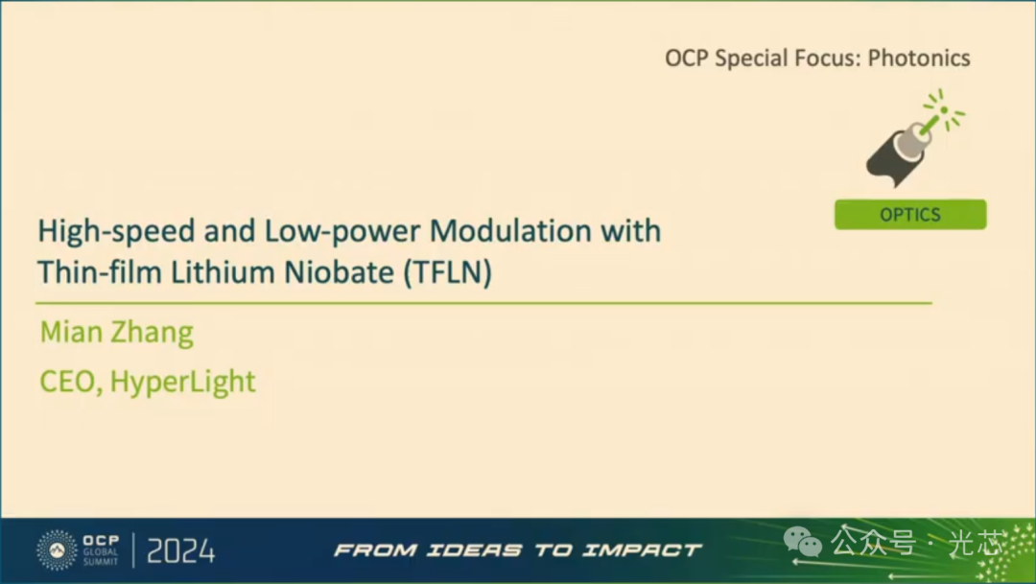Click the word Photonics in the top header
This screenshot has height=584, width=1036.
[x=918, y=58]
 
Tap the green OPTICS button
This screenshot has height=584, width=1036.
[x=910, y=215]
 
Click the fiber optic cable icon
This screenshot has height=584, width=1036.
[x=915, y=139]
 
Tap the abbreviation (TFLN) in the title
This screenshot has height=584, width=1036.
[x=448, y=272]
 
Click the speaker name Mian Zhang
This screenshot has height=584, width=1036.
[x=116, y=332]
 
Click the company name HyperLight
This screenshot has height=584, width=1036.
[x=182, y=382]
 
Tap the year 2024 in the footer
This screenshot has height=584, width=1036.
[x=181, y=551]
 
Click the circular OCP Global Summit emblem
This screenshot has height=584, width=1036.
[x=57, y=549]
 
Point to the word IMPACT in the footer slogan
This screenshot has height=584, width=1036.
[x=642, y=549]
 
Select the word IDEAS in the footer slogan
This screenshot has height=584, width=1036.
[x=474, y=549]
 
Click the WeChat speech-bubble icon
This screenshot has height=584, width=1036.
[x=803, y=543]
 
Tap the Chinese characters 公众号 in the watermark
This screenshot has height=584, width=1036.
[x=874, y=543]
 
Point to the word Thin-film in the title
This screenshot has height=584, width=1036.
[x=100, y=272]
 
